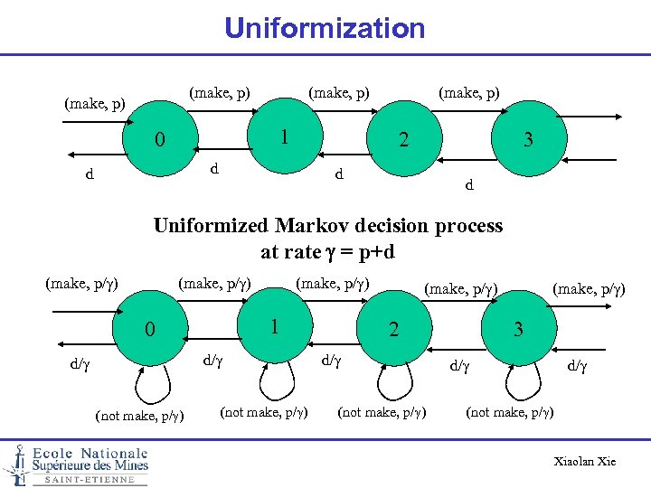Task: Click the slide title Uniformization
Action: (325, 28)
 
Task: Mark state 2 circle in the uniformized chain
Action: (393, 329)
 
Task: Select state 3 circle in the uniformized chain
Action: (518, 329)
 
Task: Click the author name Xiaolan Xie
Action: (585, 462)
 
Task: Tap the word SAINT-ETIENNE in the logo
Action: (90, 480)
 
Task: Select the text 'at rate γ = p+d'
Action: (327, 252)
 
